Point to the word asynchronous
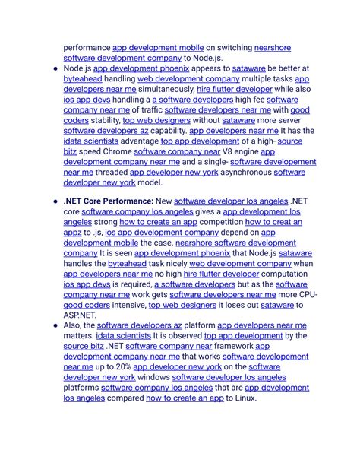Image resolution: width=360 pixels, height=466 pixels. [245, 172]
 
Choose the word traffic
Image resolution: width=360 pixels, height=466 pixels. [147, 109]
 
